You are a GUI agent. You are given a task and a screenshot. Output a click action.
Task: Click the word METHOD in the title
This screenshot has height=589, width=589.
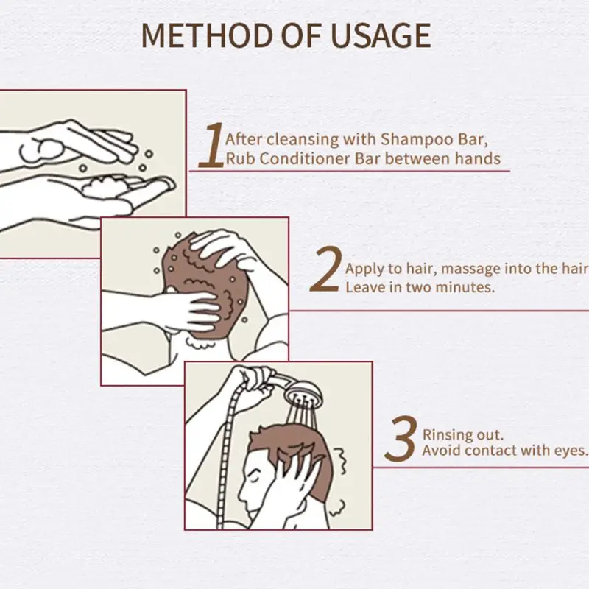click(208, 35)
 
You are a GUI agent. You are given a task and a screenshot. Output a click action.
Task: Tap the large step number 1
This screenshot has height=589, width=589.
click(211, 144)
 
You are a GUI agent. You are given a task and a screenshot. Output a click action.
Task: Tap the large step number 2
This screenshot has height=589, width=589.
click(325, 269)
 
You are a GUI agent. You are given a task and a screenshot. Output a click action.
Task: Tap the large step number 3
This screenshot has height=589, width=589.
click(401, 438)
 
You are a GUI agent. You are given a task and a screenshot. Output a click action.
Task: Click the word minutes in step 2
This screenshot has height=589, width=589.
click(465, 287)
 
